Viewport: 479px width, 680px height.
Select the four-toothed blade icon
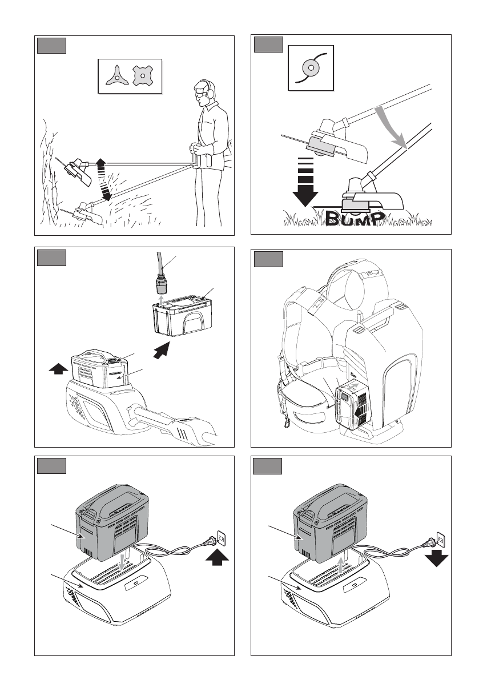point(144,77)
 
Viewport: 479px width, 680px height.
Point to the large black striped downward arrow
point(306,183)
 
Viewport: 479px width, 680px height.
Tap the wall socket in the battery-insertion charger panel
point(223,538)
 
